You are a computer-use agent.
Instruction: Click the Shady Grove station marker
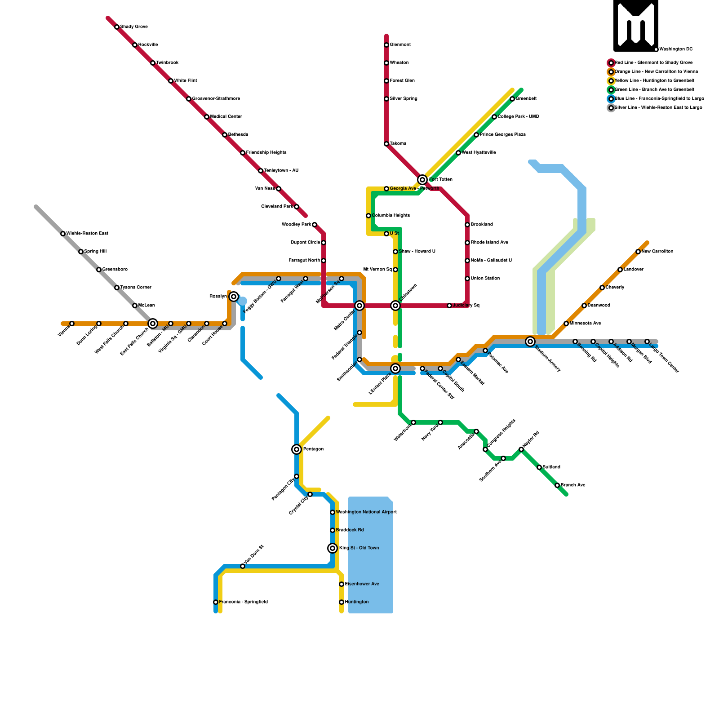point(117,27)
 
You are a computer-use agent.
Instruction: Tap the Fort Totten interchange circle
point(422,180)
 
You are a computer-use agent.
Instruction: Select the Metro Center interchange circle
point(359,306)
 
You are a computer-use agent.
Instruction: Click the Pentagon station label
point(313,449)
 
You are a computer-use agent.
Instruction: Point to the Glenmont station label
point(400,45)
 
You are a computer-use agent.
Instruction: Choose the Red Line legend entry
point(653,63)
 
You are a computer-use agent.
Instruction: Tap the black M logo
point(636,26)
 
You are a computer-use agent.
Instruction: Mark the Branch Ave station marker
point(557,485)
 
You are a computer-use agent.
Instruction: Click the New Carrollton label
point(657,252)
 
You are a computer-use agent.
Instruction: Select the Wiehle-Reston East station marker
point(63,234)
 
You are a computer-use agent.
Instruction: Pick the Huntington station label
point(357,602)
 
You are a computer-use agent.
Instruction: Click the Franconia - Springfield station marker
point(216,602)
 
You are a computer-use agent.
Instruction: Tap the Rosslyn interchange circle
point(234,297)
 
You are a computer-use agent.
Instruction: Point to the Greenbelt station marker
point(512,99)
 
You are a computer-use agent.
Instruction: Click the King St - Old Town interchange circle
point(333,548)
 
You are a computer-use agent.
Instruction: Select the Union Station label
point(485,279)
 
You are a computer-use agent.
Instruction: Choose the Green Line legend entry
point(654,90)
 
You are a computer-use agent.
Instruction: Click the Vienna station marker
point(72,324)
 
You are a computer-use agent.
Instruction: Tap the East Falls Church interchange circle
point(153,324)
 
